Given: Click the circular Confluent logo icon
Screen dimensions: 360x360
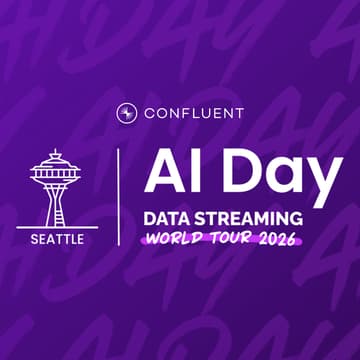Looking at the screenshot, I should coord(126,111).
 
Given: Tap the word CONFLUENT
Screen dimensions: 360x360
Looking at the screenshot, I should coord(192,111).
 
